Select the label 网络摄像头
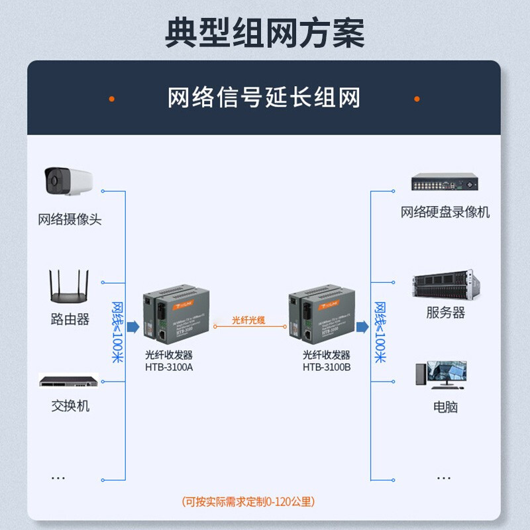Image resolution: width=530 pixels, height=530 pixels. [70, 219]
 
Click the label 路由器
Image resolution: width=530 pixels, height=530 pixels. [70, 319]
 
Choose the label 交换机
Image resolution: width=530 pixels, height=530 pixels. [70, 405]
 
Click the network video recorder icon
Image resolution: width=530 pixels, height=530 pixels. [444, 182]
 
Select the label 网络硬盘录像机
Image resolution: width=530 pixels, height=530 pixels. [445, 212]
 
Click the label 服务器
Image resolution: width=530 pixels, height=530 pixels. [445, 313]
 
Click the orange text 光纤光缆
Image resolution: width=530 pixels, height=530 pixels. [248, 320]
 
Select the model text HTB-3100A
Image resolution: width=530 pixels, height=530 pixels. [168, 367]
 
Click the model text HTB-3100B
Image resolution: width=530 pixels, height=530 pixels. [327, 367]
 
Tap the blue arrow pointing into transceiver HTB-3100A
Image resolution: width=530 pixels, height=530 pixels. [132, 326]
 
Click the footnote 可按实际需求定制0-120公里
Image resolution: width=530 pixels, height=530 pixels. [248, 502]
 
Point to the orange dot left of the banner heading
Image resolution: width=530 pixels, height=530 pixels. [112, 99]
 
